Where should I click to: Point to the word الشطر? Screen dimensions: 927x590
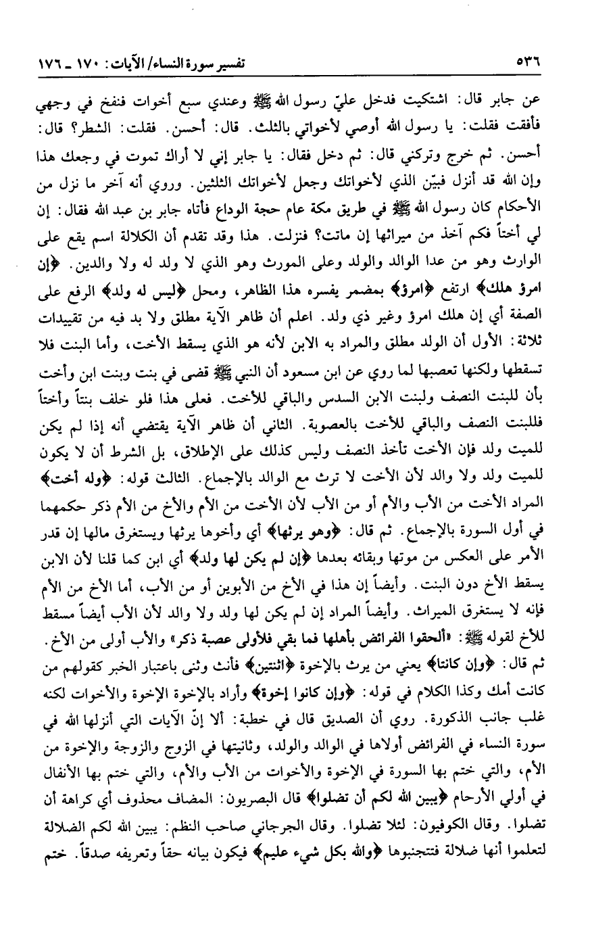pyautogui.click(x=89, y=126)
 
